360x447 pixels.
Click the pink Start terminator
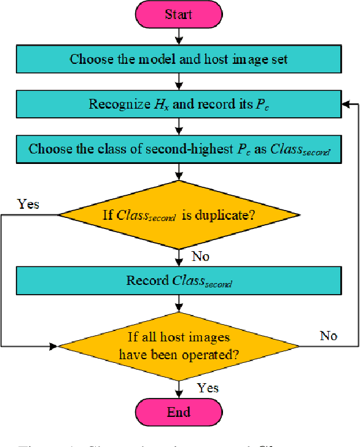point(178,15)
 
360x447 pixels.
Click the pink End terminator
point(178,411)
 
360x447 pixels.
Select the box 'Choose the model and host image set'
point(178,60)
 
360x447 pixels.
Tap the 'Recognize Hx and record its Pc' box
point(178,104)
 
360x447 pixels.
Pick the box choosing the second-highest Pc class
point(178,149)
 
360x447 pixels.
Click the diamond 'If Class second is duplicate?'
point(178,215)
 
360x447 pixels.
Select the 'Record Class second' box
point(178,281)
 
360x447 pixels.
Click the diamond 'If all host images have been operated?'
point(178,346)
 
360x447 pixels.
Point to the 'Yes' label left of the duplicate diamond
point(28,204)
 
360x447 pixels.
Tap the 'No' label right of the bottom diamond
point(329,335)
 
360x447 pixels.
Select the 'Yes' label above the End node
point(208,387)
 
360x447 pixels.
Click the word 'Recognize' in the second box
point(115,104)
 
